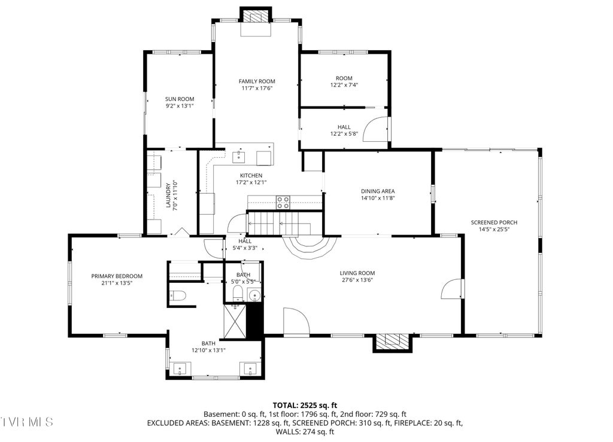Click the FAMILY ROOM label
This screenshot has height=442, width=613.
pyautogui.click(x=257, y=81)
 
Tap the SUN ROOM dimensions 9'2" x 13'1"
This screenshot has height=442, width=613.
pyautogui.click(x=180, y=106)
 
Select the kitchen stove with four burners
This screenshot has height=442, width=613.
pyautogui.click(x=283, y=202)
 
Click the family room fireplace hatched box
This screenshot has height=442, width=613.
pyautogui.click(x=256, y=16)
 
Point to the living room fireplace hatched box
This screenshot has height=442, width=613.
pyautogui.click(x=392, y=342)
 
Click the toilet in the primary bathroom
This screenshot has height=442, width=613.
pyautogui.click(x=178, y=295)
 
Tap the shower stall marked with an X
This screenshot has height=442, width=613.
pyautogui.click(x=235, y=321)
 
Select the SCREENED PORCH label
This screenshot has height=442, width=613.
pyautogui.click(x=494, y=222)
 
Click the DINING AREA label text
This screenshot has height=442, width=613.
pyautogui.click(x=378, y=191)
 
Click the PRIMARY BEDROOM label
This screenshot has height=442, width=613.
pyautogui.click(x=117, y=276)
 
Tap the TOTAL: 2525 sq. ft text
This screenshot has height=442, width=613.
pyautogui.click(x=305, y=406)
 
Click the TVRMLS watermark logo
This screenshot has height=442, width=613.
pyautogui.click(x=26, y=422)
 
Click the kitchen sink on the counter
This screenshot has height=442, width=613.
pyautogui.click(x=239, y=157)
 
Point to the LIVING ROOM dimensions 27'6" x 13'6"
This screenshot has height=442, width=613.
pyautogui.click(x=357, y=280)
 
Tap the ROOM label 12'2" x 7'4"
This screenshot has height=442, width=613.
pyautogui.click(x=344, y=81)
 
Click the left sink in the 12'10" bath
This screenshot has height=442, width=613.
pyautogui.click(x=180, y=368)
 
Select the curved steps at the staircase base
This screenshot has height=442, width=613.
pyautogui.click(x=310, y=247)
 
